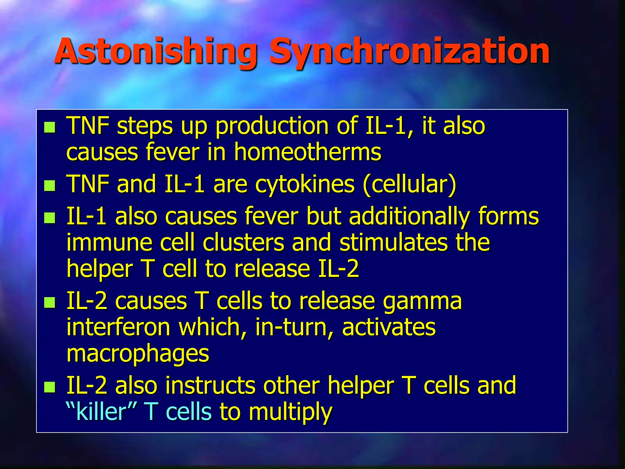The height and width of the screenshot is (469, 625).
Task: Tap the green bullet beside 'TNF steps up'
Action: coord(49,127)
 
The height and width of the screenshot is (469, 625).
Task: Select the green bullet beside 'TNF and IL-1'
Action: coord(49,186)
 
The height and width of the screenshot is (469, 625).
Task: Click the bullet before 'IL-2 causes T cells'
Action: coord(49,303)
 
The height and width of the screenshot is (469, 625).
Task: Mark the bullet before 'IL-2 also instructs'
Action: coord(49,387)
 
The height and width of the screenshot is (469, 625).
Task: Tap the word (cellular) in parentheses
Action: coord(409,185)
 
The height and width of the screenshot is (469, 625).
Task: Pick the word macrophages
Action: coord(138,354)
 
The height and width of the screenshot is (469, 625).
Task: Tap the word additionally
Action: coord(409,217)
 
